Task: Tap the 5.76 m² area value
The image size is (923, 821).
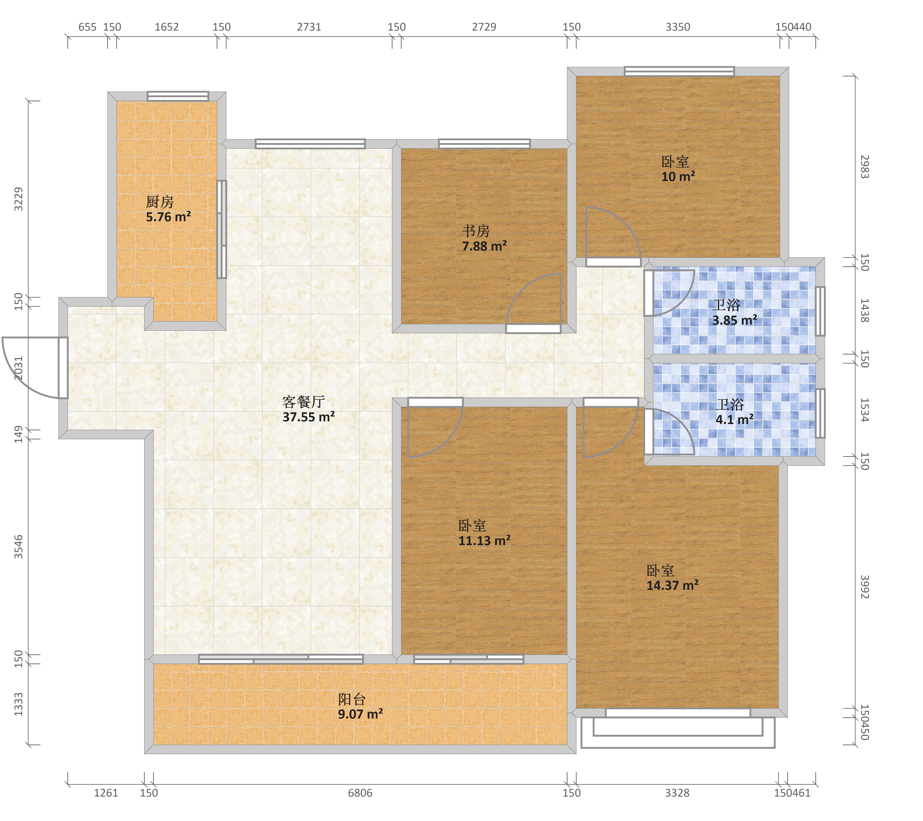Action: pos(168,217)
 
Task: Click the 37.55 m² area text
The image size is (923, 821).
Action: pos(309,417)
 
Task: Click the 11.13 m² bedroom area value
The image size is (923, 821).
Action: pos(484,540)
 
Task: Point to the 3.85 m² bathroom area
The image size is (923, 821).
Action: pos(735,320)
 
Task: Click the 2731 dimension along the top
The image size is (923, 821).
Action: pos(309,27)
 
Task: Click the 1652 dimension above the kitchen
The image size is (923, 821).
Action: pos(167,27)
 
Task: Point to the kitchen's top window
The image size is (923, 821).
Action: pos(178,96)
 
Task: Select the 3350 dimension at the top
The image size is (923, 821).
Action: pos(678,27)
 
